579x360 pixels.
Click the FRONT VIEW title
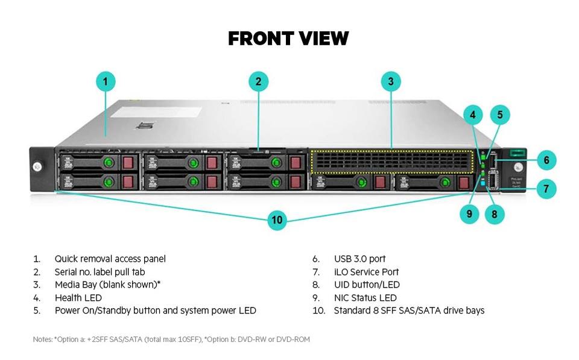(288, 39)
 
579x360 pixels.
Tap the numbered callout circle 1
(106, 81)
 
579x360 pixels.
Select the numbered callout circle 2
(258, 81)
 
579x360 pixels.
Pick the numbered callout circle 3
(391, 81)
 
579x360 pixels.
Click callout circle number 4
(473, 115)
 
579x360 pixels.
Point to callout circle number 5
(500, 115)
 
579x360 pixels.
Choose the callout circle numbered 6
(546, 160)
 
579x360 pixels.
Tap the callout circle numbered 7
(546, 189)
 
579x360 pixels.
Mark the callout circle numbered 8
(495, 214)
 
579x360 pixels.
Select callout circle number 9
(469, 214)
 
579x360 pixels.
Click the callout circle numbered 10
(277, 220)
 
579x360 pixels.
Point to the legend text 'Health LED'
(78, 298)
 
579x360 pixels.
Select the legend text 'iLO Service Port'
(366, 272)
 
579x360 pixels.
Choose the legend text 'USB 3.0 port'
(359, 259)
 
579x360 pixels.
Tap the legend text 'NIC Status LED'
(365, 298)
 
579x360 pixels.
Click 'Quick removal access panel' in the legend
(110, 259)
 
